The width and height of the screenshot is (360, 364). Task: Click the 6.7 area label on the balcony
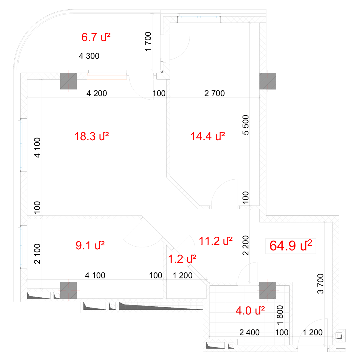tap(96, 37)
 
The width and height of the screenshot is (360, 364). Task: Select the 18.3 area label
tap(91, 136)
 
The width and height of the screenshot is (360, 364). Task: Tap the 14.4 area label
tap(208, 136)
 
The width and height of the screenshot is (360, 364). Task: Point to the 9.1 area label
tap(90, 245)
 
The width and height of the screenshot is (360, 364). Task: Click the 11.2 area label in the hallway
tap(215, 241)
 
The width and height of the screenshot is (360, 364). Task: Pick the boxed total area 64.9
tap(290, 246)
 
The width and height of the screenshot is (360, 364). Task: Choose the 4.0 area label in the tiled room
tap(250, 311)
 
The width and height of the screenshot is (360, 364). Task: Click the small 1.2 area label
tap(182, 259)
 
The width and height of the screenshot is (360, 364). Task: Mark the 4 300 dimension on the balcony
tap(89, 56)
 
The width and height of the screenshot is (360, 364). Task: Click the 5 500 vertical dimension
tap(246, 125)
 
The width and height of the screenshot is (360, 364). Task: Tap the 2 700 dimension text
tap(214, 93)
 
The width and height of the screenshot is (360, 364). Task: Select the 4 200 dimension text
tap(97, 93)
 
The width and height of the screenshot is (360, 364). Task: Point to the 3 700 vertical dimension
tap(320, 284)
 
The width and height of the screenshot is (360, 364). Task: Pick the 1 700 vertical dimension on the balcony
tap(148, 41)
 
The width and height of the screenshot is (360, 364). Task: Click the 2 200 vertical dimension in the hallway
tap(246, 245)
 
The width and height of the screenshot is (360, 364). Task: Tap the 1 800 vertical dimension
tap(280, 315)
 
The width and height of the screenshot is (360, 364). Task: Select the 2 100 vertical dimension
tap(37, 254)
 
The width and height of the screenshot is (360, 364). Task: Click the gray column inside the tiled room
tap(268, 290)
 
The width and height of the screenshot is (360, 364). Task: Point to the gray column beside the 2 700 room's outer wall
tap(268, 81)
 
